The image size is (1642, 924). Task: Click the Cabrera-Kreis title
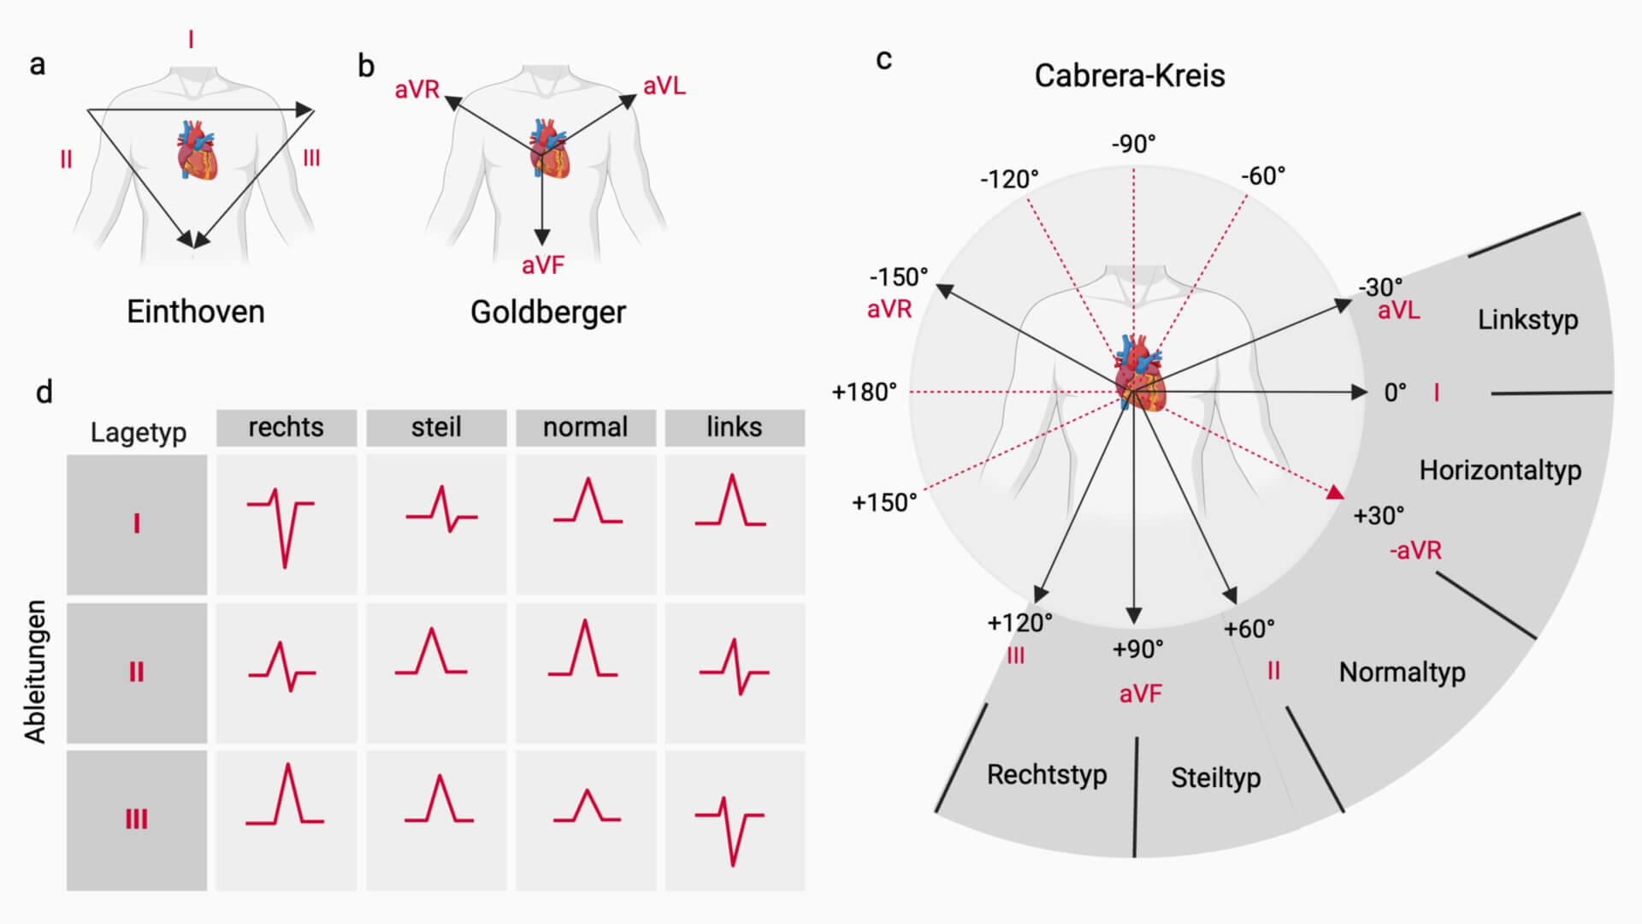point(1129,75)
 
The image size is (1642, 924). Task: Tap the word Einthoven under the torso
point(196,311)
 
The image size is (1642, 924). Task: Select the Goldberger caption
point(547,311)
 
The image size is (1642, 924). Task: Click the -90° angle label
point(1133,144)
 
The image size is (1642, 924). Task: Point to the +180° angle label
point(864,392)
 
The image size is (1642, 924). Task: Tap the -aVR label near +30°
point(1415,550)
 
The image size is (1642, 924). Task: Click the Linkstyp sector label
point(1527,320)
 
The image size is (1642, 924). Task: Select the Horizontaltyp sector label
point(1500,470)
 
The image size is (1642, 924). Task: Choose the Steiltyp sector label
point(1215,778)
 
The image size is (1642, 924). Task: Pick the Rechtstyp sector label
point(1047,774)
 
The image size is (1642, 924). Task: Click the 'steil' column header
point(436,427)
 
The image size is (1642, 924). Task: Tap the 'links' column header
point(734,427)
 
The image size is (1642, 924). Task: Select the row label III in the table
point(137,820)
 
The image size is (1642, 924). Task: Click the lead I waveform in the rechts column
point(282,524)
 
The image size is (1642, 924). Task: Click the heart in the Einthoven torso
point(196,151)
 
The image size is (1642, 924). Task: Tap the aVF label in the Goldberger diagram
point(543,265)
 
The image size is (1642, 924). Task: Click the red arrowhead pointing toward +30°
point(1334,492)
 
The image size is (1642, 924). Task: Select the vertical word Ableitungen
point(35,672)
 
